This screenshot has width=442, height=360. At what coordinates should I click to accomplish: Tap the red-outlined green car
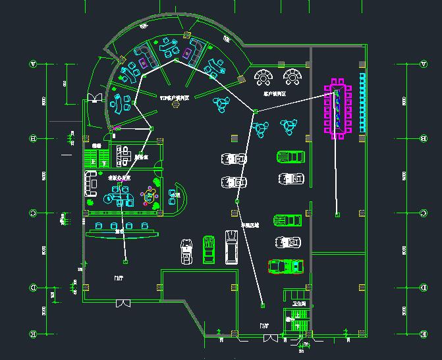pos(285,266)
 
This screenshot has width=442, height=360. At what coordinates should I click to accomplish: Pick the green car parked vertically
pos(208,249)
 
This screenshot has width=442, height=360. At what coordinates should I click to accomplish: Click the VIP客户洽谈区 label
pos(175,97)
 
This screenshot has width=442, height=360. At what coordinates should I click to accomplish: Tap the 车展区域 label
pos(250,225)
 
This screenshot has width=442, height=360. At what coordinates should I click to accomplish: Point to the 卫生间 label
pos(300,304)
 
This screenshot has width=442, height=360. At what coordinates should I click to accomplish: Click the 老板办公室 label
pos(119,178)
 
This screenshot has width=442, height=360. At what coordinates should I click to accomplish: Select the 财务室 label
pos(140,157)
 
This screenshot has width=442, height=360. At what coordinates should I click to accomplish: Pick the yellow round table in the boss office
pos(150,195)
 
